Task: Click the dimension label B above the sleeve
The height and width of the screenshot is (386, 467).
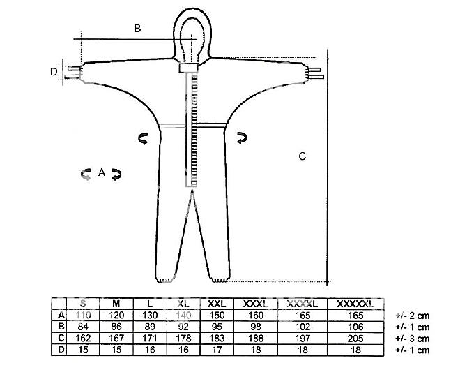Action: (137, 28)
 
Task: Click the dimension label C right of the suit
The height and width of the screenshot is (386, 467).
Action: (302, 156)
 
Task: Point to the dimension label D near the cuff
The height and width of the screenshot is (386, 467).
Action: (53, 71)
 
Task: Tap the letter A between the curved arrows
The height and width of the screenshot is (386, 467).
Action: (102, 172)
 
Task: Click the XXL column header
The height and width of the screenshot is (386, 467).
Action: (217, 304)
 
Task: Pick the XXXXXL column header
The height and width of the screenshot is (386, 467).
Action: (355, 304)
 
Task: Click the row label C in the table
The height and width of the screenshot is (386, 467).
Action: (61, 338)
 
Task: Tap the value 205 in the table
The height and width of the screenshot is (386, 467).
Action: (355, 338)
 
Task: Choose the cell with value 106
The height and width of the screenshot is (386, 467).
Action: (355, 327)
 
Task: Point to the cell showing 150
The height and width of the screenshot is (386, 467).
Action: (217, 316)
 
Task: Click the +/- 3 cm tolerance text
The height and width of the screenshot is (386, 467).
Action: (412, 338)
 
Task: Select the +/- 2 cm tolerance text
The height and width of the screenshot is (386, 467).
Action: (412, 316)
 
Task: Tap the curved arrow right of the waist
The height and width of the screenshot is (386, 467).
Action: (243, 139)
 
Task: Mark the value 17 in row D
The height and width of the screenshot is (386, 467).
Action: (217, 349)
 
